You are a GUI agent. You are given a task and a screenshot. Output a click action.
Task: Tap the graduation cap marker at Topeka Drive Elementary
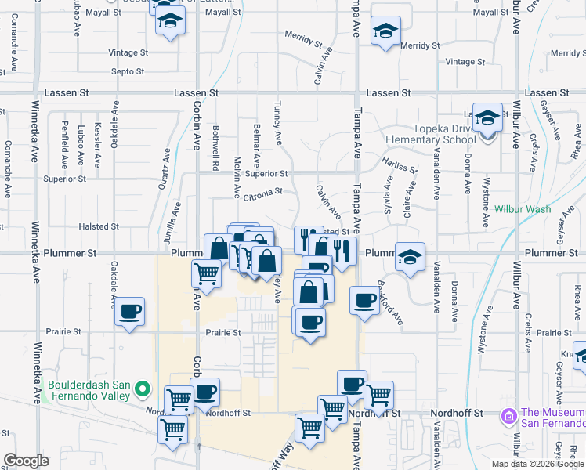(487, 120)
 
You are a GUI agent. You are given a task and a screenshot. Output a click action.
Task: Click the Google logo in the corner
(26, 461)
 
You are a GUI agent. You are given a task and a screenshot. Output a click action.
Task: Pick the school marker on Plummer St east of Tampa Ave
(410, 257)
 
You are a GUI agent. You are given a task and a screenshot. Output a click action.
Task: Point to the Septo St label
(128, 71)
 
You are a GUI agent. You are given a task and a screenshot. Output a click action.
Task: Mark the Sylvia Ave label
(387, 193)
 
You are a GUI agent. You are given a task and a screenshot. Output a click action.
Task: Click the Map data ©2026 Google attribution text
(538, 464)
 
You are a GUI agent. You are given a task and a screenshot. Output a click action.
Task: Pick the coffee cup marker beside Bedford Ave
(364, 301)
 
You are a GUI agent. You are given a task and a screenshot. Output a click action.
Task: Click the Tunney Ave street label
(277, 121)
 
